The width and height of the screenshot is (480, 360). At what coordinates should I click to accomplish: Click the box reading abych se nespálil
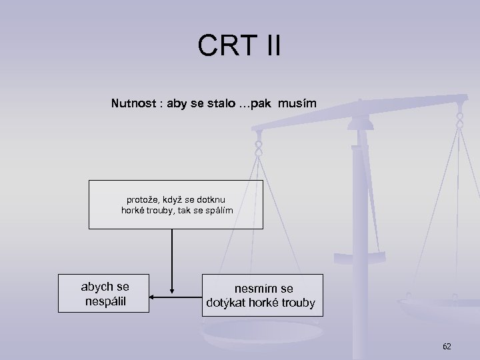pos(105,293)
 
